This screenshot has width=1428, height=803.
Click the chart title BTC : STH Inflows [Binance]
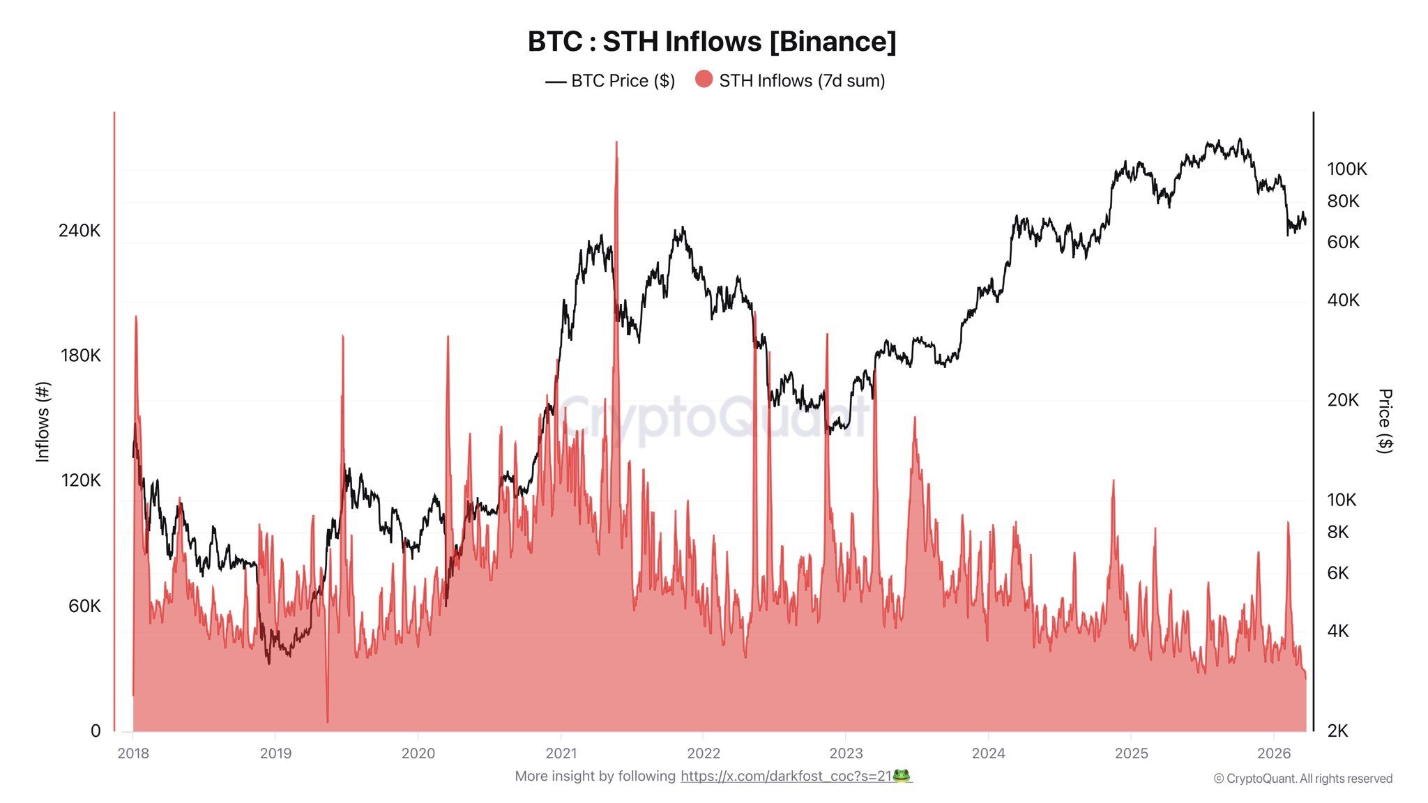712,42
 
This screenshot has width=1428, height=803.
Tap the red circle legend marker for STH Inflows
704,79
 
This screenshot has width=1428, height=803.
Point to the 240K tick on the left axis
79,231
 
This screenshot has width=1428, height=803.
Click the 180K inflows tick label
80,355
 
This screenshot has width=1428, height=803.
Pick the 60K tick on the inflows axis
84,606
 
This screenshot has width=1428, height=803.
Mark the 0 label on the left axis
96,731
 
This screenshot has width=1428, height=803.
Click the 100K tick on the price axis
1346,169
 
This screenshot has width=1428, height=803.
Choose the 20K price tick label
1343,400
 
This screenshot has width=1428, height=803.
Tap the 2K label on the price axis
1337,731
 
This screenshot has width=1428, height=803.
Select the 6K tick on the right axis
1337,573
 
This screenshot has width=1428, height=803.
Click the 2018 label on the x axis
133,753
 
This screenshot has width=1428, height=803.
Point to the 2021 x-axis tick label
561,753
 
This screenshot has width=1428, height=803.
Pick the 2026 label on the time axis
1274,753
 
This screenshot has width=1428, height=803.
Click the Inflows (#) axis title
43,422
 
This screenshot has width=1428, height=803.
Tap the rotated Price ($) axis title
1385,421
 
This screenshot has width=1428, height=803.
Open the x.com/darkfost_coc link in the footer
786,776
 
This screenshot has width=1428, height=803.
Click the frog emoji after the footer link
902,776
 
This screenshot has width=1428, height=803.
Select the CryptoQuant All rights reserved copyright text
1302,779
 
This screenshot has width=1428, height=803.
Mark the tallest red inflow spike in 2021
616,144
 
